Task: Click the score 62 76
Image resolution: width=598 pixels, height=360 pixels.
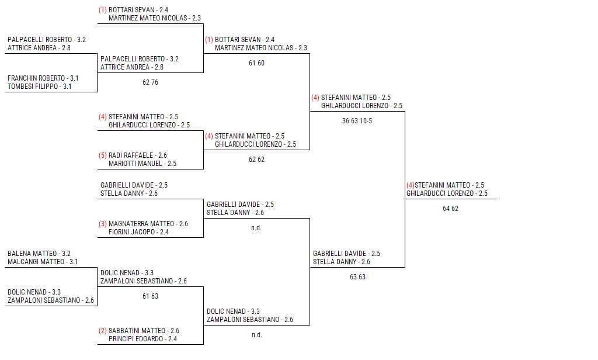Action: point(150,82)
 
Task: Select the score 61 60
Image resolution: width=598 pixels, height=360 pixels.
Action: point(256,63)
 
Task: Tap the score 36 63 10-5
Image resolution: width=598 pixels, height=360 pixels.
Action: point(357,121)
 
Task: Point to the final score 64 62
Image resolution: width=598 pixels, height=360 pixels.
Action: point(450,209)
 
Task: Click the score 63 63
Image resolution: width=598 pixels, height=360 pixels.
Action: point(357,277)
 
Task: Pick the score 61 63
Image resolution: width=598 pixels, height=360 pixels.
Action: point(150,296)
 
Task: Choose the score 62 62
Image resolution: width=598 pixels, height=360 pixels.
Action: point(256,160)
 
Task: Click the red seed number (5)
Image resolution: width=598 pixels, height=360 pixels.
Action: point(103,155)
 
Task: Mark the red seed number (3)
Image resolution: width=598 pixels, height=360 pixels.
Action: point(103,224)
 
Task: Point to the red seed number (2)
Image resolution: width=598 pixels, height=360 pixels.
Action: point(103,331)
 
